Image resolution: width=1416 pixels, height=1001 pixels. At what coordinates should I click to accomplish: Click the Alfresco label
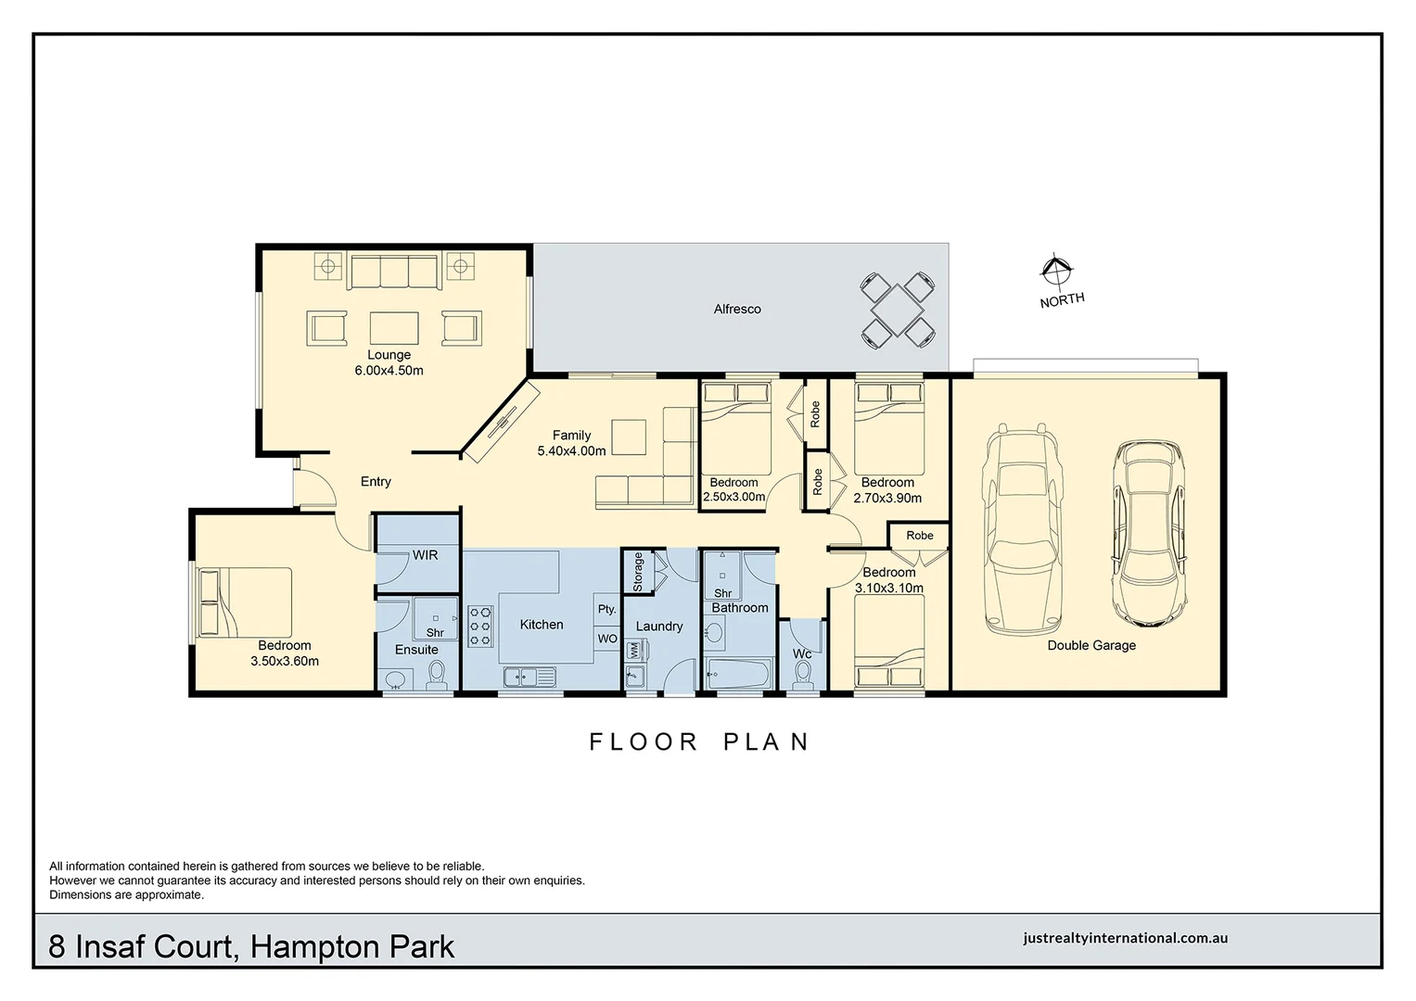(x=737, y=309)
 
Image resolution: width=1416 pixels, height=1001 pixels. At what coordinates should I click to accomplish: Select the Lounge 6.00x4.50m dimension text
(x=389, y=371)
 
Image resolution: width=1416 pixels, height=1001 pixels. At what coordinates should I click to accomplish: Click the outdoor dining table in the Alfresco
(x=897, y=309)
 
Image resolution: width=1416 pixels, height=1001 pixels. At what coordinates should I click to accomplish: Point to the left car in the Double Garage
(x=1023, y=528)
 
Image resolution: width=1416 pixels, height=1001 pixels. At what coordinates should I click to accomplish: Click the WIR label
(x=425, y=555)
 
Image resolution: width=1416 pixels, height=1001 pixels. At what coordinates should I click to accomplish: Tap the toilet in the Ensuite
(x=436, y=678)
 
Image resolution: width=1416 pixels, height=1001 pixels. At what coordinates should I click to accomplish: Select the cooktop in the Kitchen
(x=480, y=626)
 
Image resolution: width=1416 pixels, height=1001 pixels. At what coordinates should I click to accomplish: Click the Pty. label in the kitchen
(x=606, y=609)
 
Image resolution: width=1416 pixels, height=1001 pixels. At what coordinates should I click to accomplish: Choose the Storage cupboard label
(x=638, y=572)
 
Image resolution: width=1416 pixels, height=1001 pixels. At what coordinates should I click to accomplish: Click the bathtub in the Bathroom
(x=738, y=673)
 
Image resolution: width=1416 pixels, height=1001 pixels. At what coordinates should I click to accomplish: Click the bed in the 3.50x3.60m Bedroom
(x=246, y=602)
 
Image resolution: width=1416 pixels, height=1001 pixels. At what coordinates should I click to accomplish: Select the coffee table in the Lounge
(x=394, y=328)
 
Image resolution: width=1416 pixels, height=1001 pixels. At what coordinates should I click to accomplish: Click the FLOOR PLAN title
(x=700, y=741)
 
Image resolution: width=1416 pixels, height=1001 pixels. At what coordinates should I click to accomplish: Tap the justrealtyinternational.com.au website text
(x=1125, y=938)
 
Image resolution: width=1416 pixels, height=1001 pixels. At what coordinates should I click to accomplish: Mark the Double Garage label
(x=1091, y=645)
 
